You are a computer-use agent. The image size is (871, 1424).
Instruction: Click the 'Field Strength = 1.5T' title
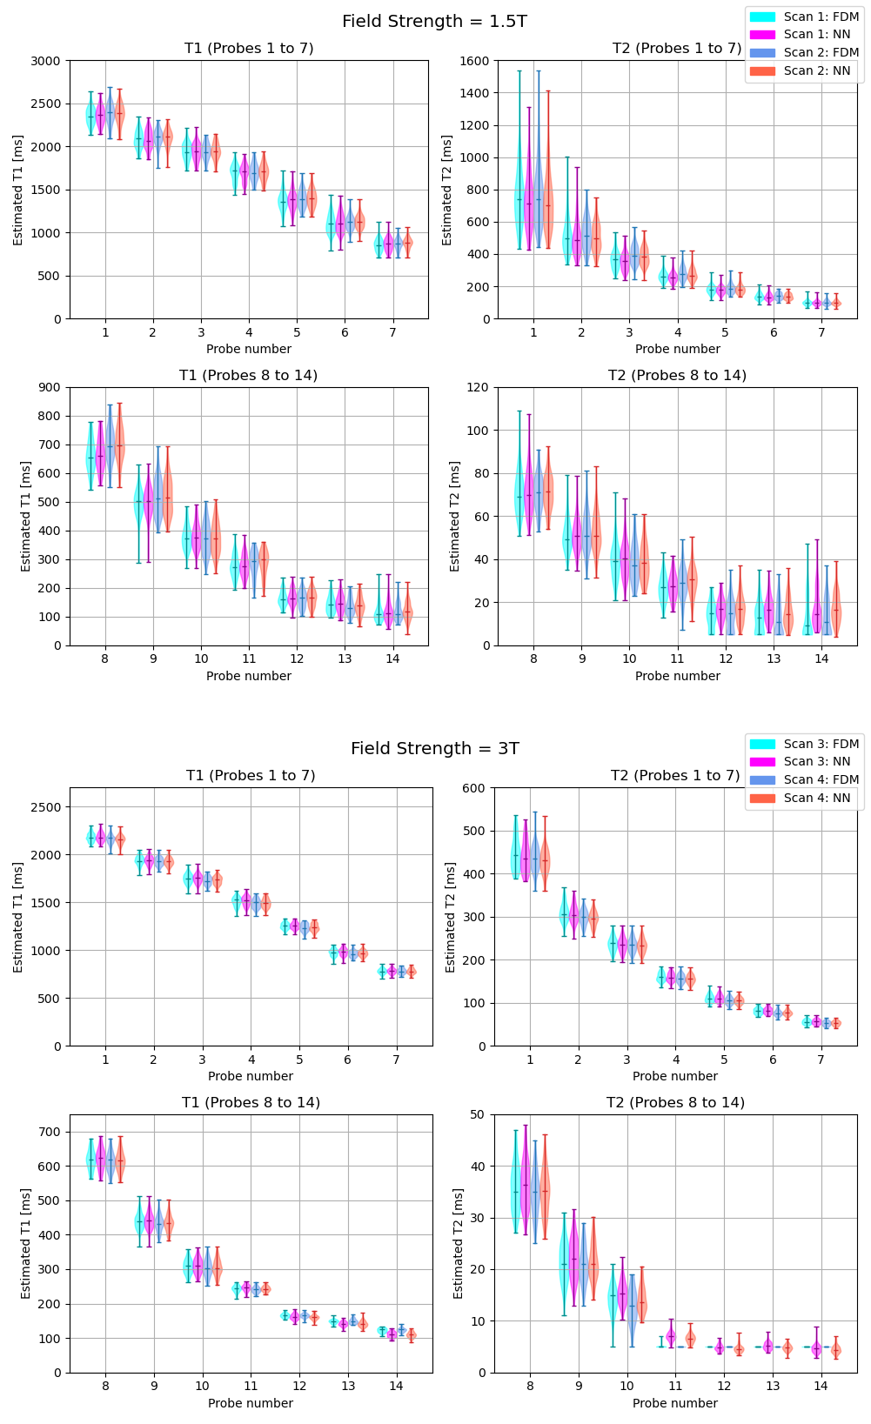click(x=434, y=22)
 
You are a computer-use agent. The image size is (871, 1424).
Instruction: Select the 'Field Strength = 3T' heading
click(x=434, y=749)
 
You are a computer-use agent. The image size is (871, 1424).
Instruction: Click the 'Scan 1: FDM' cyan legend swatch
click(x=761, y=17)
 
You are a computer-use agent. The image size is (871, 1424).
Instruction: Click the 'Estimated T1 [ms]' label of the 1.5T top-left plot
click(x=18, y=191)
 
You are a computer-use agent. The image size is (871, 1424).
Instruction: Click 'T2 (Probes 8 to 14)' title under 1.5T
click(x=677, y=376)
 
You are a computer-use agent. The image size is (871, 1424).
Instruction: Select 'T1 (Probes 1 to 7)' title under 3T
click(x=251, y=776)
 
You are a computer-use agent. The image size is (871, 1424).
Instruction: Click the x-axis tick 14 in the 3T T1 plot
click(x=396, y=1386)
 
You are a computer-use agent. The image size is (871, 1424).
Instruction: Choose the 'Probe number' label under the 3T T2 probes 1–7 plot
click(x=675, y=1076)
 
